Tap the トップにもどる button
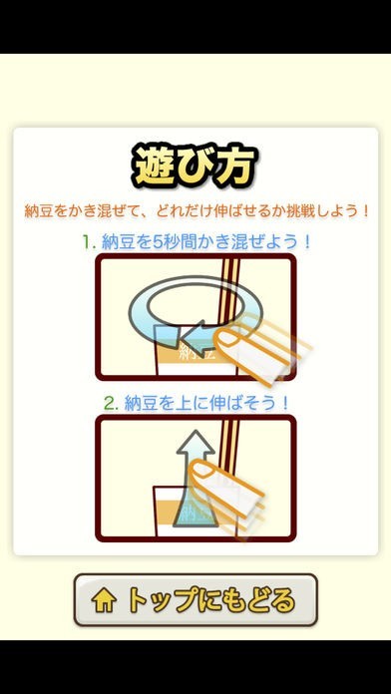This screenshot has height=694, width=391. (195, 600)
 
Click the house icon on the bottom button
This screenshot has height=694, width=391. (104, 601)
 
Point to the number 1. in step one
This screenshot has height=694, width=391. (88, 242)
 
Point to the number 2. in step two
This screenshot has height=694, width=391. (111, 403)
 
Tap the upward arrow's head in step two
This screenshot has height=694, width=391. (195, 445)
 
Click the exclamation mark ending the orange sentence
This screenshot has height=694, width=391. (365, 210)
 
